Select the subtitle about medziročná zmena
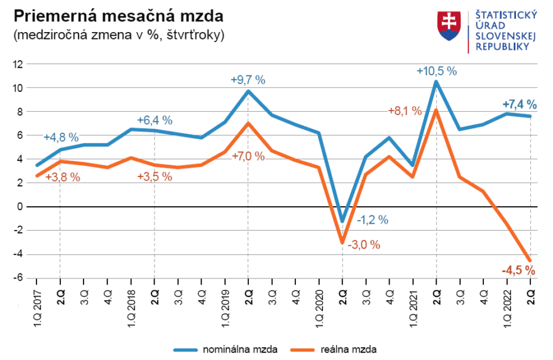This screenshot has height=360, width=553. click(118, 35)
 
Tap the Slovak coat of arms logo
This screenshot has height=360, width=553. click(449, 26)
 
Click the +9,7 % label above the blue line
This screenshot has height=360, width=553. click(248, 80)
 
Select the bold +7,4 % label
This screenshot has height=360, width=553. click(519, 104)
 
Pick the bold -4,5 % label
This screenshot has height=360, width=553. click(518, 271)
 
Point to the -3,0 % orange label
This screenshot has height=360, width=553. click(363, 245)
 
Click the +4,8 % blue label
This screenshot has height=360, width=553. click(61, 138)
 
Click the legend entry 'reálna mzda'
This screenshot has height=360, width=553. click(339, 348)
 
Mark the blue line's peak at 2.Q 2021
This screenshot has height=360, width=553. click(436, 82)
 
